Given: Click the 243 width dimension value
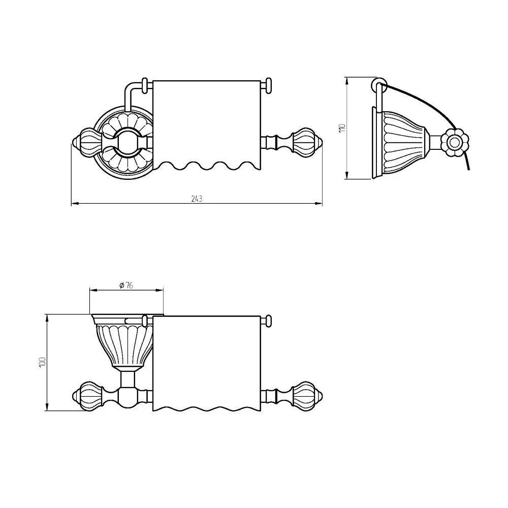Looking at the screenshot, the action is (x=197, y=199).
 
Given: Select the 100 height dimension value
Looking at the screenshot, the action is (x=42, y=362).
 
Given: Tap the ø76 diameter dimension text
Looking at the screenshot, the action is (x=126, y=285).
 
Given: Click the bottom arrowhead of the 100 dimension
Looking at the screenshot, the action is (x=47, y=407).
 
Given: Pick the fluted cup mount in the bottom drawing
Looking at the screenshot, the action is (x=125, y=343).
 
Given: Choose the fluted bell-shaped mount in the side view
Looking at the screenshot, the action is (x=402, y=143).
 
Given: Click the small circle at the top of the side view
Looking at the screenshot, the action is (x=379, y=83).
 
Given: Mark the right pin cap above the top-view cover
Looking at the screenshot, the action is (x=269, y=86).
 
